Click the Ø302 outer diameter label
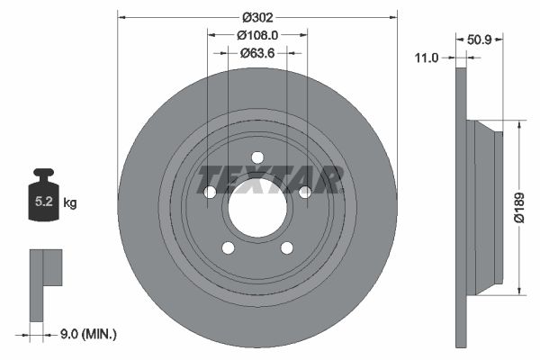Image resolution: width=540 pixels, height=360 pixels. click(x=256, y=17)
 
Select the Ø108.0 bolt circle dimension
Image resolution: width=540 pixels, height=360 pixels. click(x=256, y=35)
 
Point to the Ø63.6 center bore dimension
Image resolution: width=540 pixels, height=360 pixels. click(x=256, y=52)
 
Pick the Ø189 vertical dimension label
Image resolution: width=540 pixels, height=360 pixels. click(x=519, y=207)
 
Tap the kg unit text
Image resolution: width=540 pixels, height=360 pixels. click(x=70, y=203)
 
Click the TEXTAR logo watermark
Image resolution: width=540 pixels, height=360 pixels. click(x=269, y=179)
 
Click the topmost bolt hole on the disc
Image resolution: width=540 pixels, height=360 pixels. click(x=256, y=157)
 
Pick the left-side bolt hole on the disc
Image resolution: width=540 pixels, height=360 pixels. click(x=210, y=192)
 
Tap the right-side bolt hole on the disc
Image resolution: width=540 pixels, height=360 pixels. click(x=304, y=192)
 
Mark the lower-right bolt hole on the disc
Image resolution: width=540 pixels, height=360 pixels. click(x=286, y=248)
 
